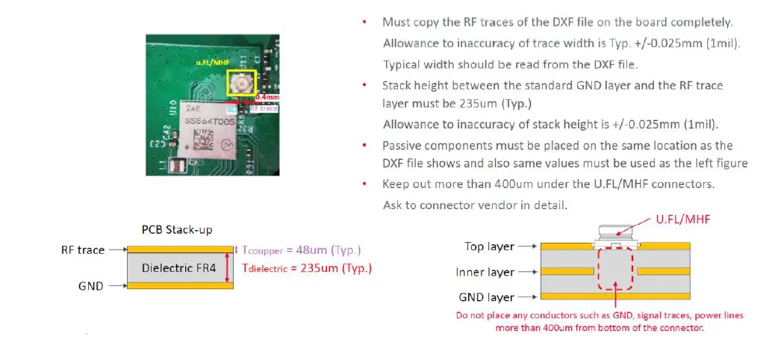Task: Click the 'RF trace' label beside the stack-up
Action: coord(82,249)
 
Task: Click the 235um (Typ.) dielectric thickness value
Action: coord(334,267)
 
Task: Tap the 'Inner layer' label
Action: coord(485,272)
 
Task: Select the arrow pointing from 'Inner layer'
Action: coord(526,272)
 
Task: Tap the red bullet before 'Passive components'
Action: coord(364,145)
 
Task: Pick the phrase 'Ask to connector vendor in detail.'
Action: coord(474,204)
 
